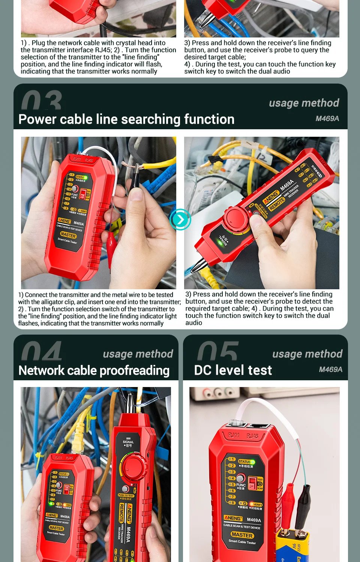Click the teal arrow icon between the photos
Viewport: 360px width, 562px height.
(180, 220)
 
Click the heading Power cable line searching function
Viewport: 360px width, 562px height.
(126, 119)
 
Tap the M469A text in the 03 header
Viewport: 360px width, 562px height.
(327, 118)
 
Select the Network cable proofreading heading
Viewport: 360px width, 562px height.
(94, 370)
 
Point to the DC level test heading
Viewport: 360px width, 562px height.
(233, 370)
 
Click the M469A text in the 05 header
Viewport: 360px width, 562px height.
(330, 369)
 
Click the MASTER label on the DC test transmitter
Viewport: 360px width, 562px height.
(242, 535)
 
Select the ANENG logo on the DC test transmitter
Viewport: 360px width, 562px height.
(233, 518)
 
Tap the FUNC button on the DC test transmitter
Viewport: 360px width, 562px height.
(240, 478)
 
